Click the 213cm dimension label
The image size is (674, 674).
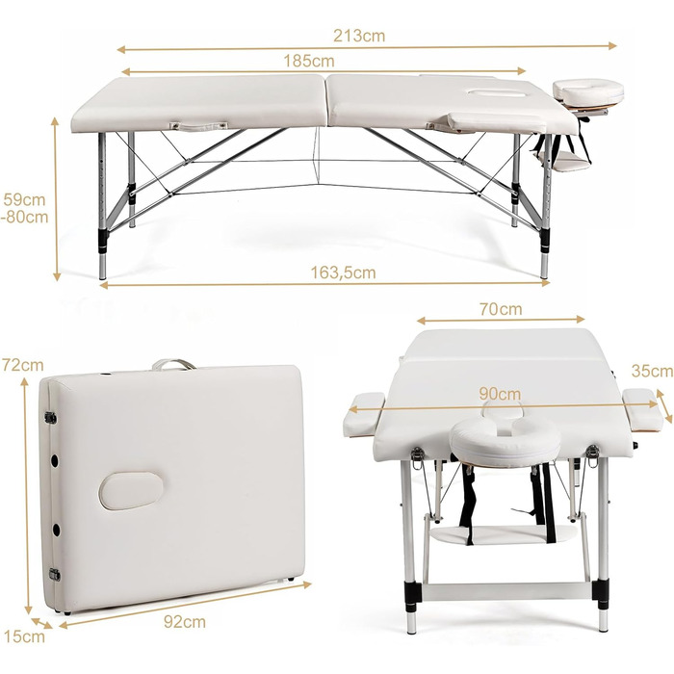[359, 36]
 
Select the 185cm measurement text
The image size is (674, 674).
[309, 61]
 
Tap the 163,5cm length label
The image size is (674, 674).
[343, 272]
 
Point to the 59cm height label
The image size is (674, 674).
[24, 199]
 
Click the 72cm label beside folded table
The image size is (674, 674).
[23, 365]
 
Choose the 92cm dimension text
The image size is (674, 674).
[185, 622]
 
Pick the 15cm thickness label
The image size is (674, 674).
[24, 636]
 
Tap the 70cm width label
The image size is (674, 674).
[501, 309]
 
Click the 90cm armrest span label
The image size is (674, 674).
[500, 394]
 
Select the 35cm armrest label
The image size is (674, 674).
[652, 371]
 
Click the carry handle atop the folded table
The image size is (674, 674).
[173, 364]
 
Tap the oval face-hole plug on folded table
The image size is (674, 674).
[131, 491]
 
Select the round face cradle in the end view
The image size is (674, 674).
[505, 441]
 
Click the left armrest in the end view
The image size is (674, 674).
[363, 414]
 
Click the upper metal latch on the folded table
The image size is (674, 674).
[51, 417]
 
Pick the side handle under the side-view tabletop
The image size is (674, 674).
[198, 127]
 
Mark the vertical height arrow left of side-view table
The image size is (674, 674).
[56, 198]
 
